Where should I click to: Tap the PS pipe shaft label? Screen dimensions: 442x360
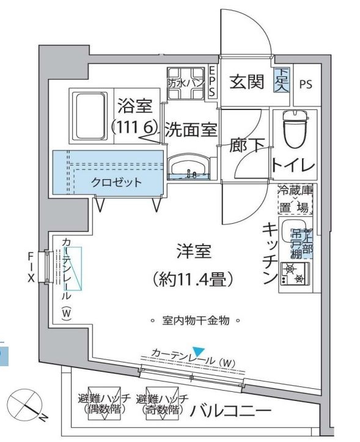point(305,84)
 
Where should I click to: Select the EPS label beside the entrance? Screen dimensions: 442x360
point(212,81)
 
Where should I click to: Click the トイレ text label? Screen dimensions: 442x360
point(293,165)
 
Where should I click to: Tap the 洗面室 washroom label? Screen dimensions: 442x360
point(191,130)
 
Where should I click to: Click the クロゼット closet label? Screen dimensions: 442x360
point(117,182)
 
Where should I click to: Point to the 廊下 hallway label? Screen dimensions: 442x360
point(247,147)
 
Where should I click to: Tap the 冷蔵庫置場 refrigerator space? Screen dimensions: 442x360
point(296,199)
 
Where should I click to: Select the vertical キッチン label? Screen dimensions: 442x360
point(270,254)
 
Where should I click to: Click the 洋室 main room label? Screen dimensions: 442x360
point(194,251)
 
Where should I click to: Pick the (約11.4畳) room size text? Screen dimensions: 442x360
point(194,281)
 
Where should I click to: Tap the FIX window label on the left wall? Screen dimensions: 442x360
point(30,267)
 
